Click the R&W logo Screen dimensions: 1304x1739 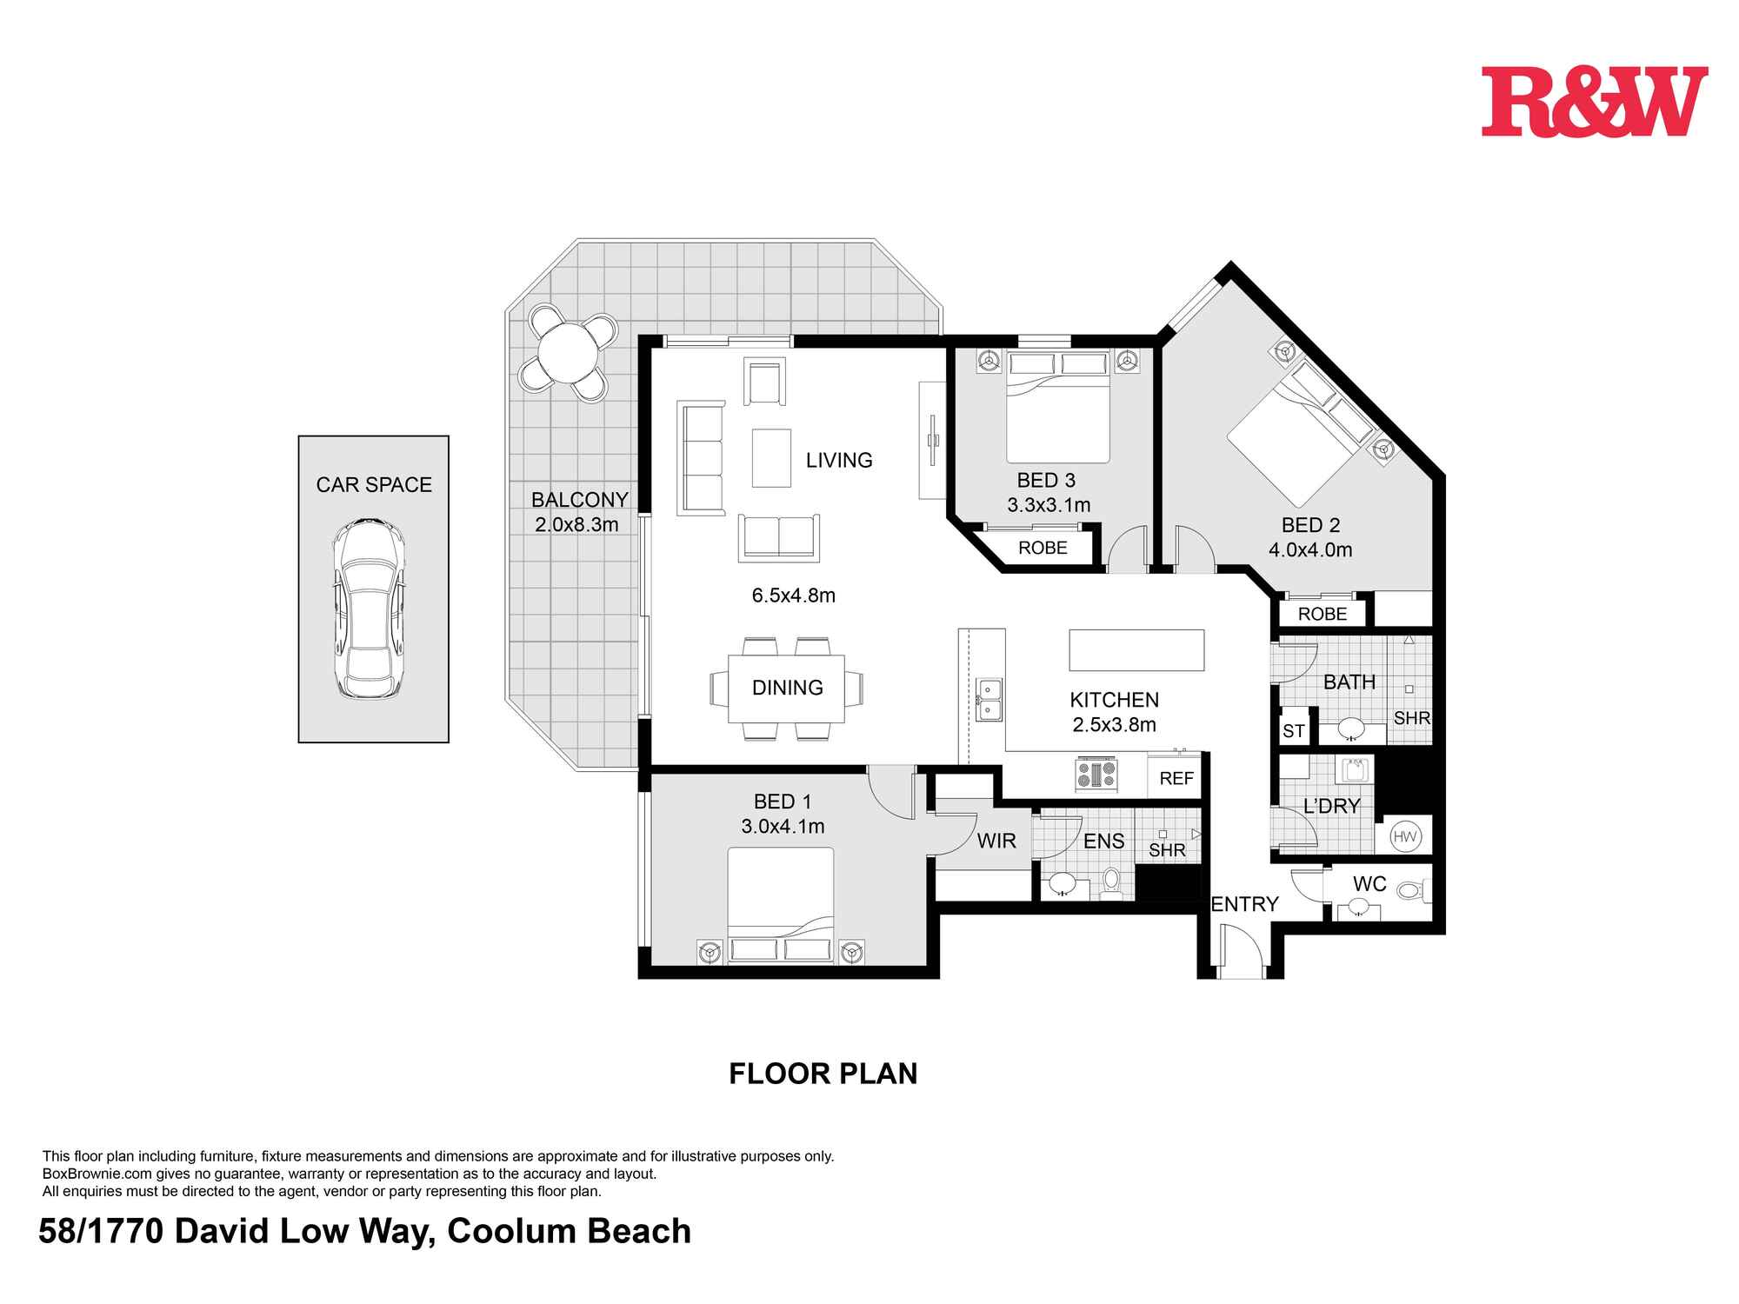point(1594,103)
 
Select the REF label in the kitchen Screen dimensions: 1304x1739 point(1176,779)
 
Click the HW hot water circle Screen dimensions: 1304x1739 point(1404,837)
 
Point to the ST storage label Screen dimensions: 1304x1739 point(1293,731)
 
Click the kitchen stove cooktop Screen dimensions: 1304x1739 point(1097,774)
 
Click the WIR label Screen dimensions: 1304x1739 point(996,841)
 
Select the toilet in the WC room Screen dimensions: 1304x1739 point(1409,890)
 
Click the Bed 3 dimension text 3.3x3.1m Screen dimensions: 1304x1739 point(1049,505)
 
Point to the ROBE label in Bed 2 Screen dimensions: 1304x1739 point(1322,614)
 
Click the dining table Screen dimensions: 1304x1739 point(787,688)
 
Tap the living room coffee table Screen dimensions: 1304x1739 point(772,458)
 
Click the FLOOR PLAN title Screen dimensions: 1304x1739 point(823,1074)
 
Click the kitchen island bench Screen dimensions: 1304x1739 point(1136,650)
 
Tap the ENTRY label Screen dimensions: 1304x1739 point(1244,904)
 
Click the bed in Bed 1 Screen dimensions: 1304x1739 point(780,904)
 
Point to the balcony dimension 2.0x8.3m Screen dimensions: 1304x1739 point(576,524)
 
